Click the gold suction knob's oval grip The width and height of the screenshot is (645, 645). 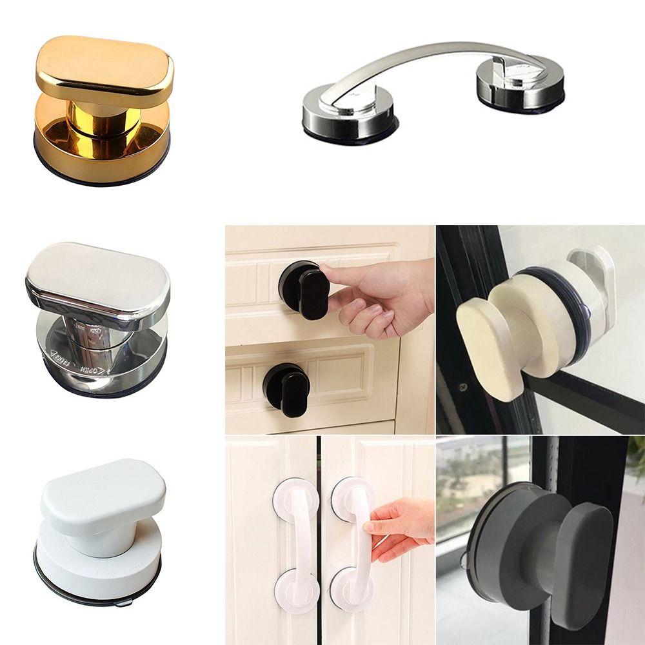[x=103, y=71]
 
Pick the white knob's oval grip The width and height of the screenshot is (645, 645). [x=103, y=493]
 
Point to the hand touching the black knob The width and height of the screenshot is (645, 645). [x=387, y=293]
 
